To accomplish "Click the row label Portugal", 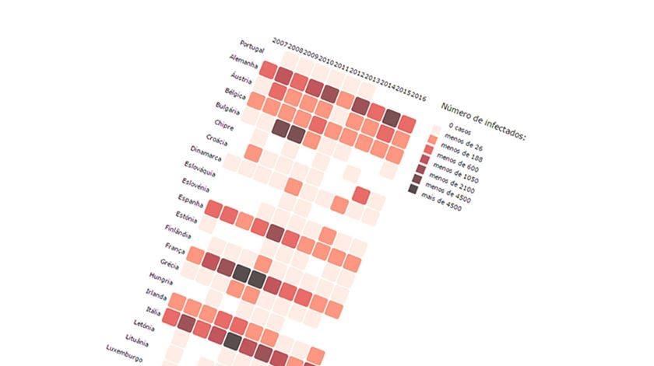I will coord(252,46).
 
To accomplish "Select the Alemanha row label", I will coord(244,62).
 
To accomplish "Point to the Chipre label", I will coord(225,125).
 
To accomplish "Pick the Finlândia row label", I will coord(178,232).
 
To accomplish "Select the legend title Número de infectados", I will coord(483,122).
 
